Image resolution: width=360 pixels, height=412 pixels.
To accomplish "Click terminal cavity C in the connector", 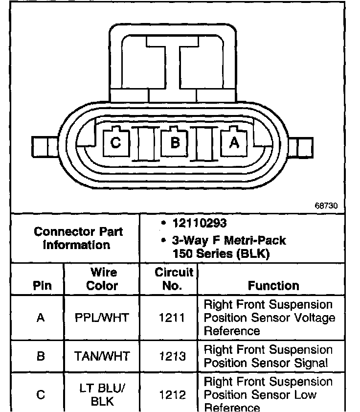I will pyautogui.click(x=115, y=142).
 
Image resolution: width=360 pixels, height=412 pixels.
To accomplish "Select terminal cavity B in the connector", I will pyautogui.click(x=175, y=142).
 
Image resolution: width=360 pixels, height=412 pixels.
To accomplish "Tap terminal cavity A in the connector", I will pyautogui.click(x=234, y=142).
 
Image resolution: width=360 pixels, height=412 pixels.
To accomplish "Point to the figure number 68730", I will pyautogui.click(x=326, y=206).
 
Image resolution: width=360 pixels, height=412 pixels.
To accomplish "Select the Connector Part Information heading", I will pyautogui.click(x=78, y=238).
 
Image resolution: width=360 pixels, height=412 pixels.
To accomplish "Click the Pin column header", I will pyautogui.click(x=42, y=285).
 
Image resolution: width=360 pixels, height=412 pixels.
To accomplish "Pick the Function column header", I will pyautogui.click(x=273, y=285).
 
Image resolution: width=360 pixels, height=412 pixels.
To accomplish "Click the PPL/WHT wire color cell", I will pyautogui.click(x=102, y=318).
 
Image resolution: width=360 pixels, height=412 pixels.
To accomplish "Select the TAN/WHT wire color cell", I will pyautogui.click(x=102, y=356).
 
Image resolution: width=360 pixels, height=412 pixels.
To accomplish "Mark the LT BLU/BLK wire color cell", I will pyautogui.click(x=102, y=394).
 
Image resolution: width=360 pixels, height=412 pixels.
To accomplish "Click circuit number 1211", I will pyautogui.click(x=172, y=318).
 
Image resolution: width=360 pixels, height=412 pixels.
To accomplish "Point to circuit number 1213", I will pyautogui.click(x=172, y=356).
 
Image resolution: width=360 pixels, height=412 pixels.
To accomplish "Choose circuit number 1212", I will pyautogui.click(x=172, y=394).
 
